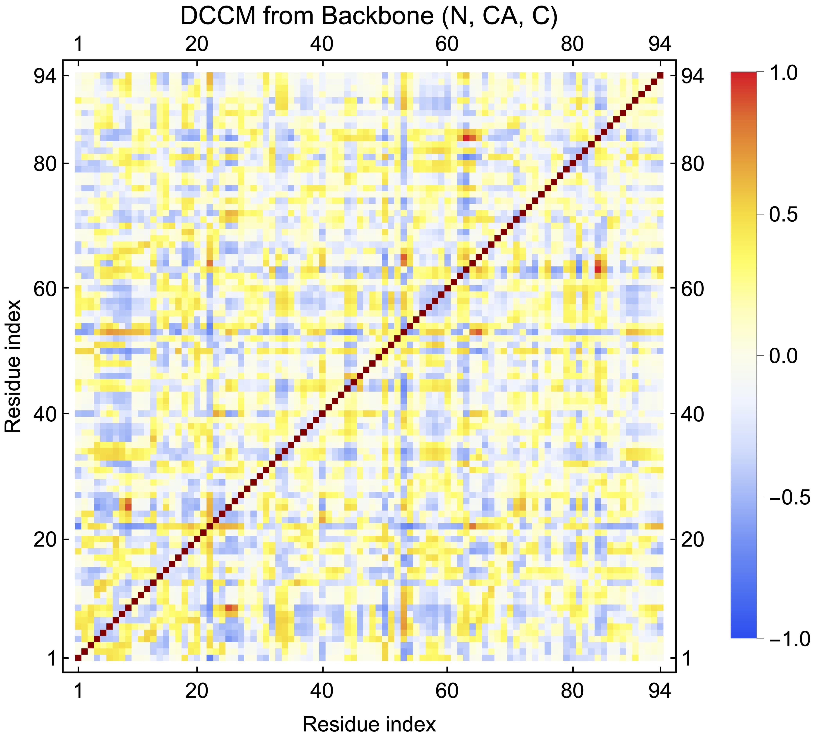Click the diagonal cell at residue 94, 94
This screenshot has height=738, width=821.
(x=660, y=76)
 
